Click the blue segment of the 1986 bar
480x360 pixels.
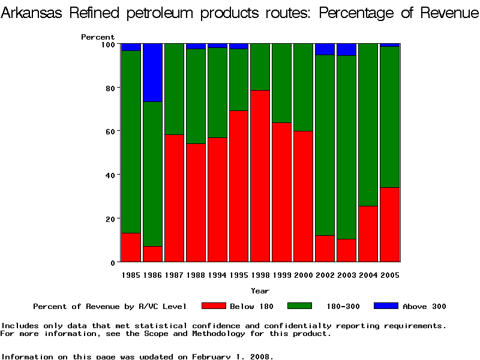click(x=152, y=73)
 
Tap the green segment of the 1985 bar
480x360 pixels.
click(x=131, y=142)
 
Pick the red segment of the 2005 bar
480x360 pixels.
click(x=389, y=224)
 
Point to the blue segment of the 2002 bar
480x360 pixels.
click(x=325, y=49)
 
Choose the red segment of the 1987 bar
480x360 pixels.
click(x=174, y=198)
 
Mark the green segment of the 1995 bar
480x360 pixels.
click(x=238, y=80)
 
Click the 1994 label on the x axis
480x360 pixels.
click(x=217, y=275)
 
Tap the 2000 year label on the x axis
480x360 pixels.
click(x=303, y=275)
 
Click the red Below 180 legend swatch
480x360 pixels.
click(x=214, y=306)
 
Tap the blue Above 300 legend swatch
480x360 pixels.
click(x=386, y=306)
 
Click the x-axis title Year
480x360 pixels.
click(x=260, y=291)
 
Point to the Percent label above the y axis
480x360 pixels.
click(x=98, y=37)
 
